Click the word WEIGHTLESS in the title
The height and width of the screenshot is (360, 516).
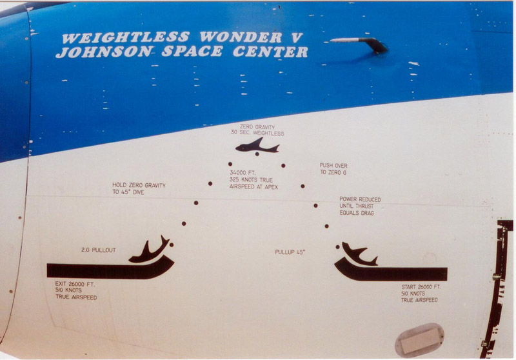click(x=126, y=37)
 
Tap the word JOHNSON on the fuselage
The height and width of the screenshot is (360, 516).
click(x=104, y=52)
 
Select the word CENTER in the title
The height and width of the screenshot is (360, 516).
click(x=270, y=52)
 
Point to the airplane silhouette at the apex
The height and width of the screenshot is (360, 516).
click(x=257, y=146)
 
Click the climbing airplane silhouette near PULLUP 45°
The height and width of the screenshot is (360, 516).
click(x=359, y=254)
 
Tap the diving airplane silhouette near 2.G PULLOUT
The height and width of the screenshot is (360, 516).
click(x=149, y=250)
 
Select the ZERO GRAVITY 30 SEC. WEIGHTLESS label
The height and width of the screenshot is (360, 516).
click(x=257, y=130)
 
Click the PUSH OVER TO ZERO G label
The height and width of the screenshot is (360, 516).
click(x=333, y=169)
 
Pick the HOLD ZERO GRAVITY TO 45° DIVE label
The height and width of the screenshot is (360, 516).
click(x=139, y=188)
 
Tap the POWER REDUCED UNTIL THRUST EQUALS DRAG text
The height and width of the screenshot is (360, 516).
click(x=360, y=206)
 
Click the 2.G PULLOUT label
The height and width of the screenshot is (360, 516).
click(x=99, y=250)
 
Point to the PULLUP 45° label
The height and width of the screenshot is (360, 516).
click(x=290, y=252)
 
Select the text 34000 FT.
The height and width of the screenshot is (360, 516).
click(x=243, y=173)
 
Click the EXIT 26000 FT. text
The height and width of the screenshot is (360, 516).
click(x=75, y=284)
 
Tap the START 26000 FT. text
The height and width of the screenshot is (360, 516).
click(x=421, y=287)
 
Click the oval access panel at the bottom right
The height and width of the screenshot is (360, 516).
click(x=420, y=340)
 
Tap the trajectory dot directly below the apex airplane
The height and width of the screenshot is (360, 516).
click(x=257, y=154)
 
